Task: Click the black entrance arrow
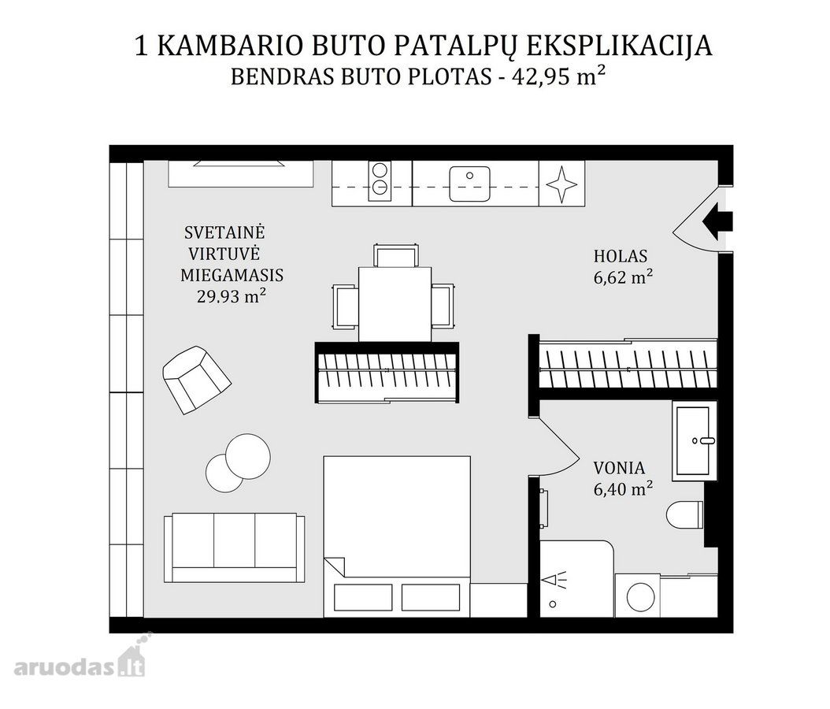click(x=717, y=221)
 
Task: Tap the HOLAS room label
click(x=621, y=256)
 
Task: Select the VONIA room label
click(x=619, y=468)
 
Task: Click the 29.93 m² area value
click(x=232, y=296)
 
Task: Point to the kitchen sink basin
click(x=469, y=184)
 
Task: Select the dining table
click(x=395, y=304)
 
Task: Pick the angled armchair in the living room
click(x=196, y=379)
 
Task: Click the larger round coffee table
click(x=248, y=456)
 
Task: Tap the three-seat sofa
click(x=234, y=548)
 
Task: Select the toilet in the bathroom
click(x=684, y=514)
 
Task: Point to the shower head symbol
click(x=554, y=581)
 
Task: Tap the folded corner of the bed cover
click(x=335, y=566)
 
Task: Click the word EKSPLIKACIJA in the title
click(x=619, y=46)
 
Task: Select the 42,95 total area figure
click(x=541, y=77)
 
